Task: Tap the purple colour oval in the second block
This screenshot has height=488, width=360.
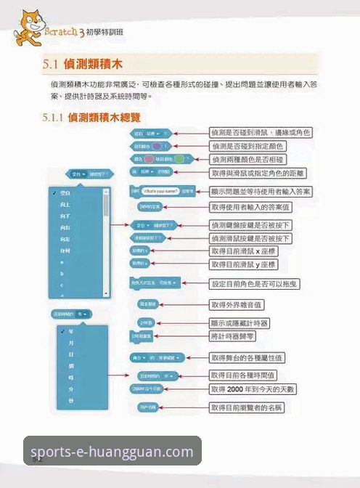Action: (x=156, y=145)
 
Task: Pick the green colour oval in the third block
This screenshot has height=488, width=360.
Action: (x=150, y=158)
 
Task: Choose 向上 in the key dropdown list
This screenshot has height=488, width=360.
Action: (x=66, y=206)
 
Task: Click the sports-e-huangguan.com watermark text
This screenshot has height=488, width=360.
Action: (x=112, y=452)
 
